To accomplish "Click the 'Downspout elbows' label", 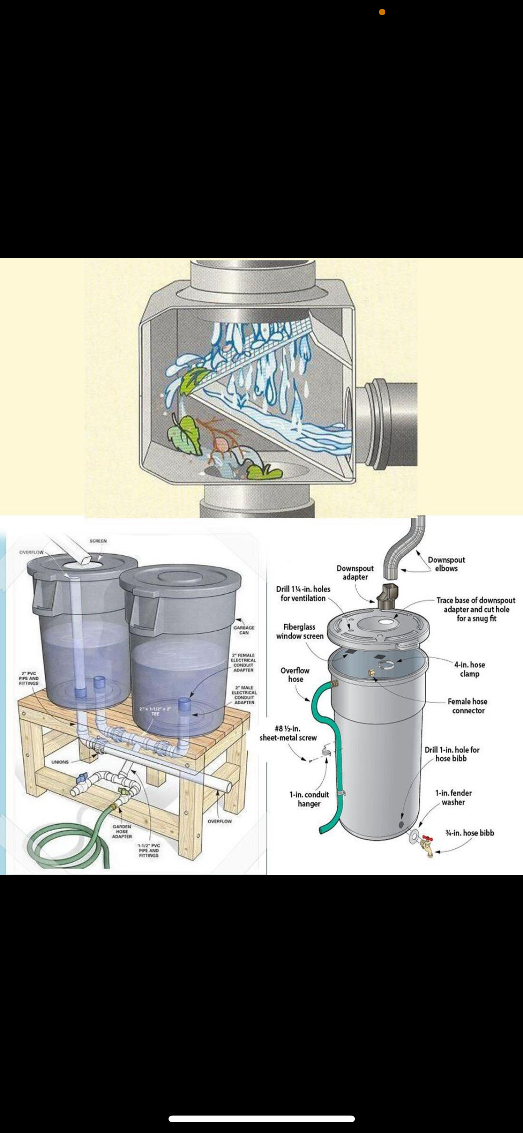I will (x=446, y=564).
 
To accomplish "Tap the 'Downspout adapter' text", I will (x=355, y=572).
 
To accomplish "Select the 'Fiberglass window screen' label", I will (x=299, y=631).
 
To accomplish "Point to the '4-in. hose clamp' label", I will (x=469, y=669).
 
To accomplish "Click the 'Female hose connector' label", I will (x=468, y=706).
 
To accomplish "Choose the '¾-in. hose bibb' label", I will (x=469, y=833).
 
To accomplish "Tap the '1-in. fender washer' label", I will (x=453, y=797).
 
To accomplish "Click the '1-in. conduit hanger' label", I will (x=309, y=799).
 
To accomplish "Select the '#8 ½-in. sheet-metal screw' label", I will (x=288, y=733).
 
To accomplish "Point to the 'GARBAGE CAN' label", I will (x=244, y=630).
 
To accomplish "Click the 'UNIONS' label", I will (x=60, y=762).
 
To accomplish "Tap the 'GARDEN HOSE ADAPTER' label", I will (x=122, y=831).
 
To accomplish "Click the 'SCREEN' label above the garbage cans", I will (x=98, y=541).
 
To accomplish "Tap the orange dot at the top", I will (x=382, y=12).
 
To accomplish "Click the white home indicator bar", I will (x=261, y=1119).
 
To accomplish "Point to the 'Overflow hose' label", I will (x=295, y=674).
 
